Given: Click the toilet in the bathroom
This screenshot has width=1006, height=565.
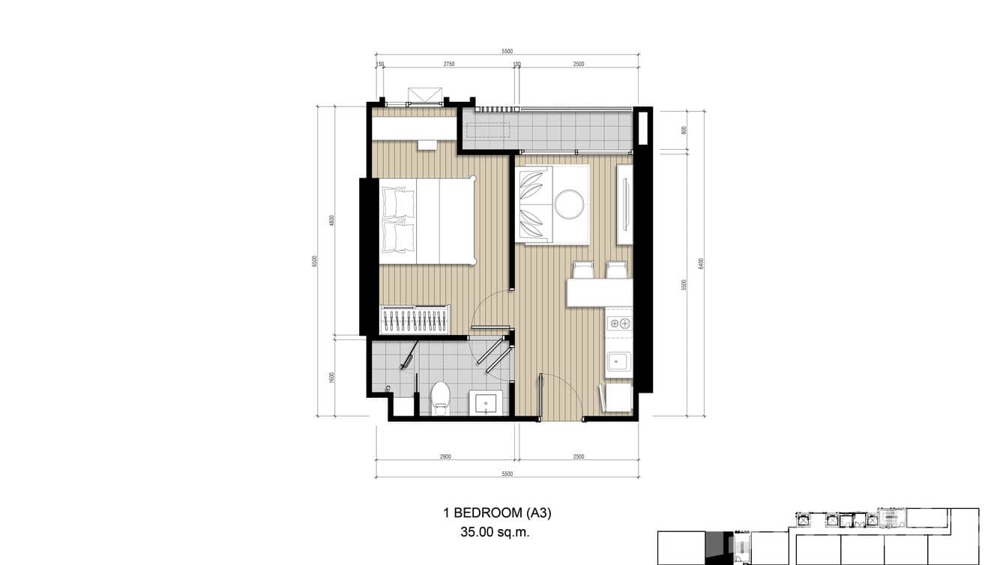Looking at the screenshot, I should coord(441,397).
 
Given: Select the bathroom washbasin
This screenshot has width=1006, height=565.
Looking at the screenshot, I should coord(485,403).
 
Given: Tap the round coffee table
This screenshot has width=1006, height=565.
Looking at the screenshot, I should coord(569,204).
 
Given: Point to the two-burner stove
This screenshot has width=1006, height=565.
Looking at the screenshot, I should coord(619,324).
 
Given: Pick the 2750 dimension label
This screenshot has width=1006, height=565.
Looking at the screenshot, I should coord(448,64).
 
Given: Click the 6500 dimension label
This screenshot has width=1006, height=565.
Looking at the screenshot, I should coord(315,261).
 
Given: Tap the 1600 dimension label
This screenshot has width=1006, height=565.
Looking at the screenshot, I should coord(331,377).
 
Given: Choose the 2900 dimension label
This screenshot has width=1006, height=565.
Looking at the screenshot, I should coord(445,457).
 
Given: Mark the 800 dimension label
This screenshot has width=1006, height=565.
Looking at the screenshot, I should coord(684,130).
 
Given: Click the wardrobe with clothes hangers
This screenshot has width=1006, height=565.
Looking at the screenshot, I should coord(415,320).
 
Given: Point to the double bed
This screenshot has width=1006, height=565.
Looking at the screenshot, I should coord(427,221).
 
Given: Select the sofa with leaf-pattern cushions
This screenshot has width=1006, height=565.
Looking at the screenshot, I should coord(533,204).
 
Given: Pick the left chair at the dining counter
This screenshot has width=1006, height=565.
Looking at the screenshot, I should coord(583,270).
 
